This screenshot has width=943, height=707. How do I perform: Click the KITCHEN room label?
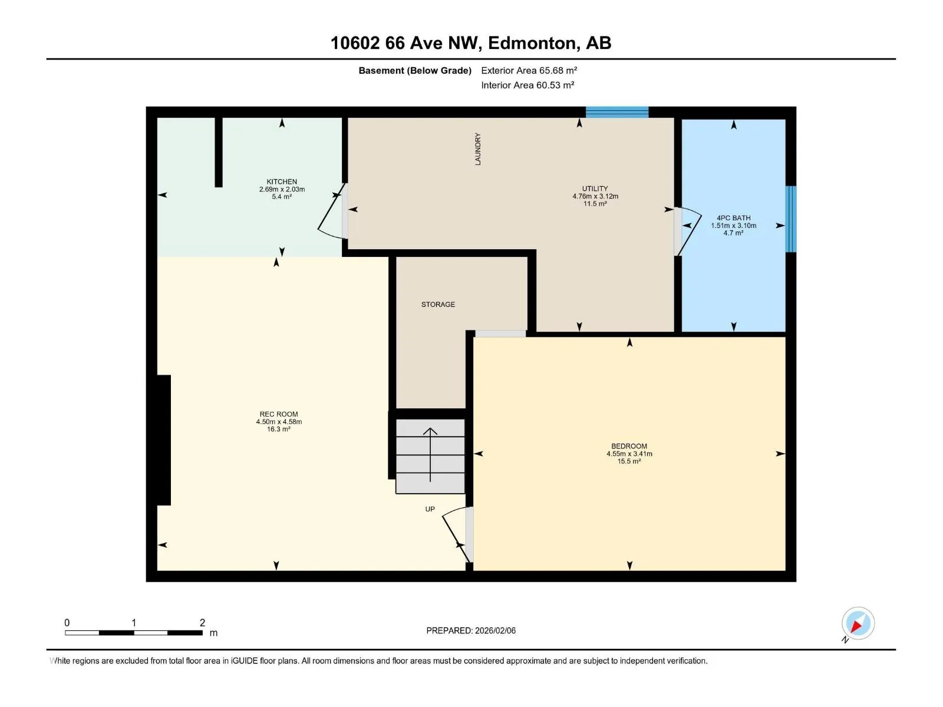281,181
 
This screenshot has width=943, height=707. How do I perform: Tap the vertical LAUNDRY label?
477,148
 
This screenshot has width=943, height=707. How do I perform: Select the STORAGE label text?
438,305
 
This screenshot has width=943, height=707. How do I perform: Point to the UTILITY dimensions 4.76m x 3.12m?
595,196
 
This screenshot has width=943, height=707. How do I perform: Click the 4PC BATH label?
733,218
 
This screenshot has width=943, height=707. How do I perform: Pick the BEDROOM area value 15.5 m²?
629,461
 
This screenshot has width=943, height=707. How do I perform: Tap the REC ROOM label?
278,414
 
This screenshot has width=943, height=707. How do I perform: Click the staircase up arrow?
430,455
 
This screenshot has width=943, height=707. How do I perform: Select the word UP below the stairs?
430,508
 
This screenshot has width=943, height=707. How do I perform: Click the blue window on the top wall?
617,111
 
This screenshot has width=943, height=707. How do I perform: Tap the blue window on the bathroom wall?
790,219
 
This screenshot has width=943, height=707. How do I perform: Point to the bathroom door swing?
688,231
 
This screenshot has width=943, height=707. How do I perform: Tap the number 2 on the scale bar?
202,622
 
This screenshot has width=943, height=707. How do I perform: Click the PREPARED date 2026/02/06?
495,630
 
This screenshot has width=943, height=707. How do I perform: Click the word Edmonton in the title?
532,43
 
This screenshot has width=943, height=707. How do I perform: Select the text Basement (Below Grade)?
415,70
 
